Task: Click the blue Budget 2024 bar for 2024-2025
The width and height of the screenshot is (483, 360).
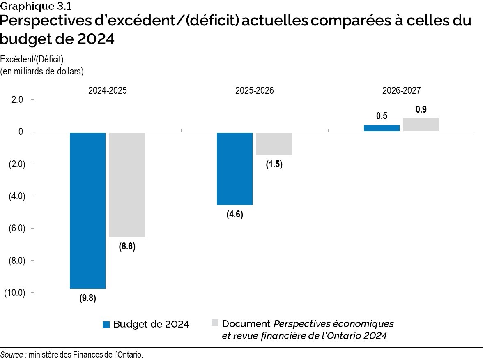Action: [87, 210]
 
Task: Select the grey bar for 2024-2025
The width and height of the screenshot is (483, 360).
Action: [127, 185]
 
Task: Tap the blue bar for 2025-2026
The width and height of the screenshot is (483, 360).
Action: [235, 168]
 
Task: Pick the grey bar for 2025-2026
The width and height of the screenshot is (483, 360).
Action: [274, 143]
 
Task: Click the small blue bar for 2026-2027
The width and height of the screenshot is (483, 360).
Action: [382, 128]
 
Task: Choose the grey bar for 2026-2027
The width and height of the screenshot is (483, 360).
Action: [421, 125]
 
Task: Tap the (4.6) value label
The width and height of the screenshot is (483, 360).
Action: [235, 215]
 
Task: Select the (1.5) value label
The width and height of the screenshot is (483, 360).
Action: [274, 165]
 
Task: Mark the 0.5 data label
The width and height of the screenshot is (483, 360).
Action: [382, 116]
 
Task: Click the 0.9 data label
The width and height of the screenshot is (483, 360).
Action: [421, 110]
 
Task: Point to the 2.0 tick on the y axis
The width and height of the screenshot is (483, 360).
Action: [17, 100]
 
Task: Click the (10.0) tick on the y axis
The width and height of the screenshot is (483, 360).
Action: [14, 293]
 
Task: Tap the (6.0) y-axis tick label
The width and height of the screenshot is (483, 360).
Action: [16, 228]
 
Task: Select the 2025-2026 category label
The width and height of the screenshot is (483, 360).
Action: [254, 90]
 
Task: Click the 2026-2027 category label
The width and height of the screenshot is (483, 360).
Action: [401, 90]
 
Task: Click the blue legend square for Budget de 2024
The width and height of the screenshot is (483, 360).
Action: [106, 324]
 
